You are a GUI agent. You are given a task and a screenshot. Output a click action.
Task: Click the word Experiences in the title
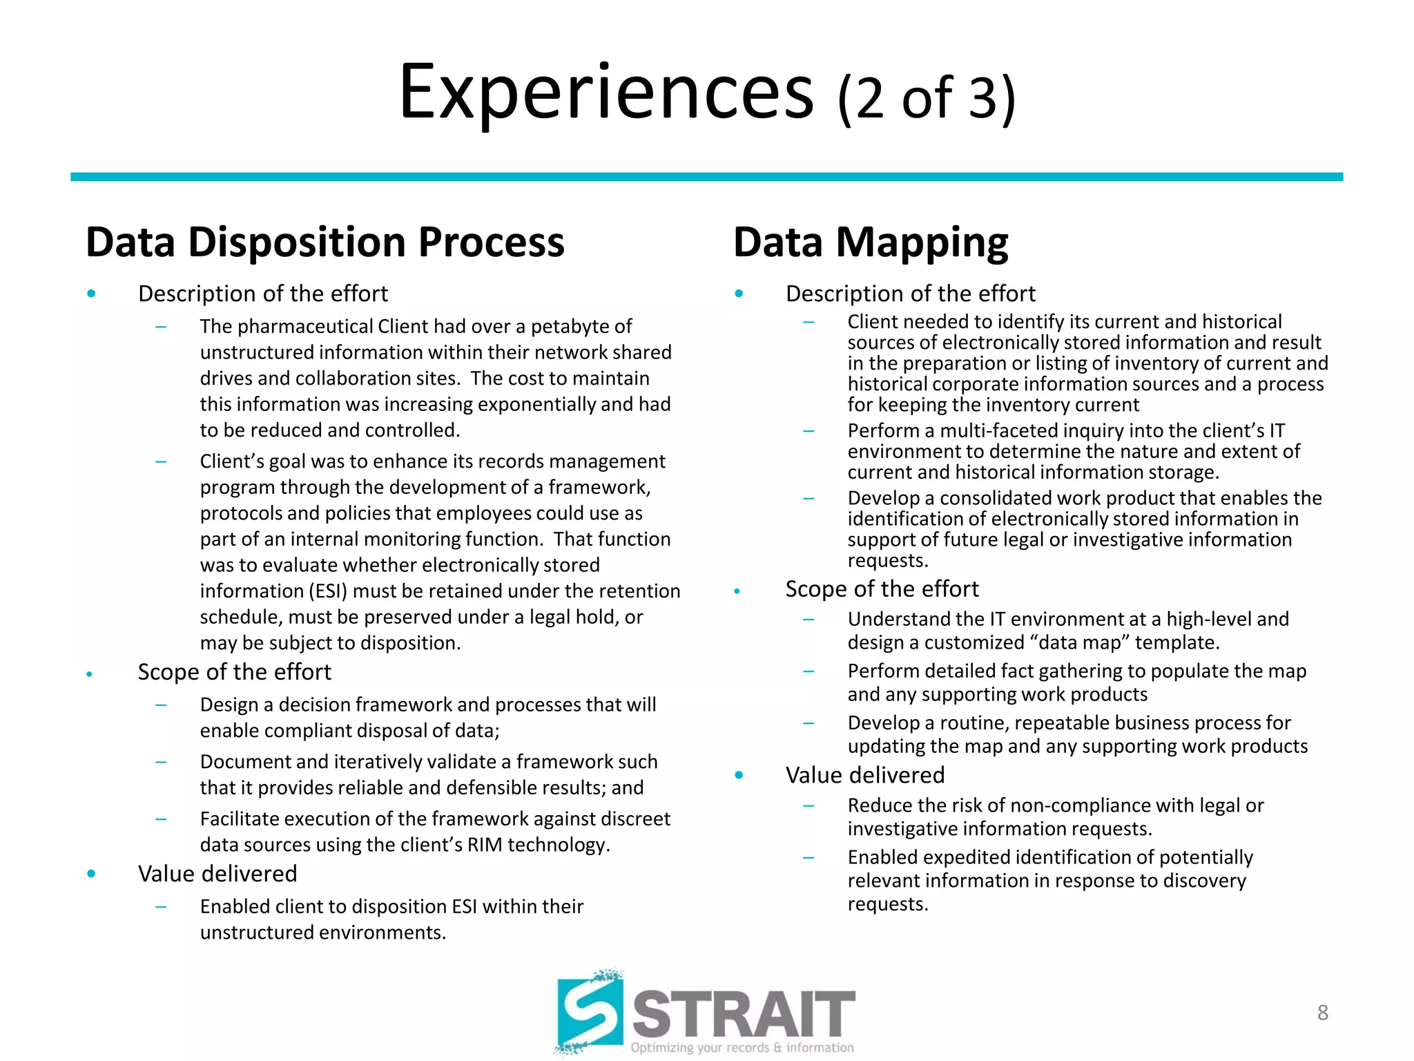point(606,93)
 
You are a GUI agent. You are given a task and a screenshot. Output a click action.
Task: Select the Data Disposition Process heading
point(325,242)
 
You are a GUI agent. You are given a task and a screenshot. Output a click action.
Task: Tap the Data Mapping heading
point(870,242)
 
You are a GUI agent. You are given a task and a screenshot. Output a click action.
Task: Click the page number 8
point(1322,1013)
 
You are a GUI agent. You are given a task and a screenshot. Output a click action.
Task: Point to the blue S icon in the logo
point(590,1012)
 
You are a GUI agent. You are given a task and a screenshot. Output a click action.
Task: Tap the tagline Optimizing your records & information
point(742,1048)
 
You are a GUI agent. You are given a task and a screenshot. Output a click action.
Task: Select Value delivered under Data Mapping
point(864,775)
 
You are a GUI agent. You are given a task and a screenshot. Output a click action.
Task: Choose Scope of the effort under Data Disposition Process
point(235,672)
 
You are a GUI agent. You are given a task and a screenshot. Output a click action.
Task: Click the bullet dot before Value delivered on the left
point(91,874)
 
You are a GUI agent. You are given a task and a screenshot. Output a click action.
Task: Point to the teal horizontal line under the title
point(706,178)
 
